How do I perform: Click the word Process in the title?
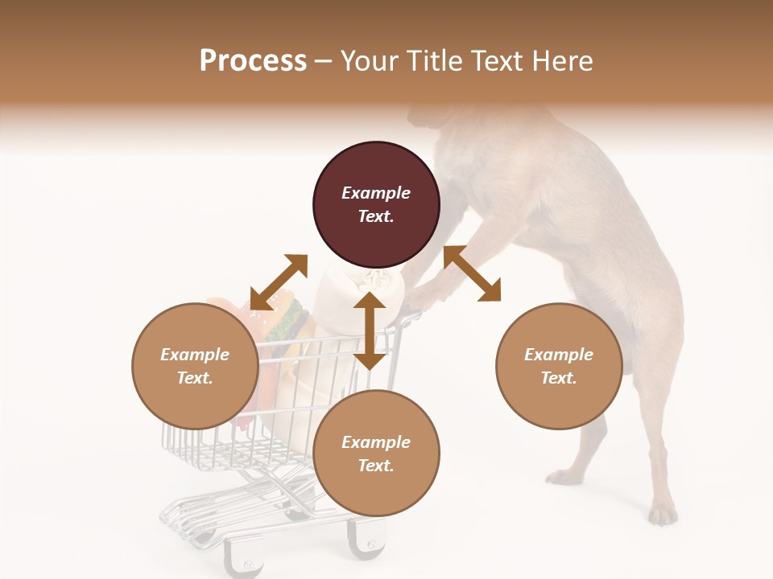tap(253, 61)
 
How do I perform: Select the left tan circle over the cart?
tap(195, 394)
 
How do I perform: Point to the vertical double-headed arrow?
tap(370, 331)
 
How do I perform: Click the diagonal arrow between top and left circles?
tap(279, 281)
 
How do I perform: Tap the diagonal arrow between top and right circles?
tap(473, 273)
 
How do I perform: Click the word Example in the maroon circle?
tap(376, 193)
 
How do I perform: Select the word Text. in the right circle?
tap(559, 378)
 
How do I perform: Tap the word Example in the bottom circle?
tap(376, 442)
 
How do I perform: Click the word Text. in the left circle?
tap(195, 378)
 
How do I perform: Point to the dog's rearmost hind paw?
tap(663, 513)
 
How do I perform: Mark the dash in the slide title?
tap(324, 61)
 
